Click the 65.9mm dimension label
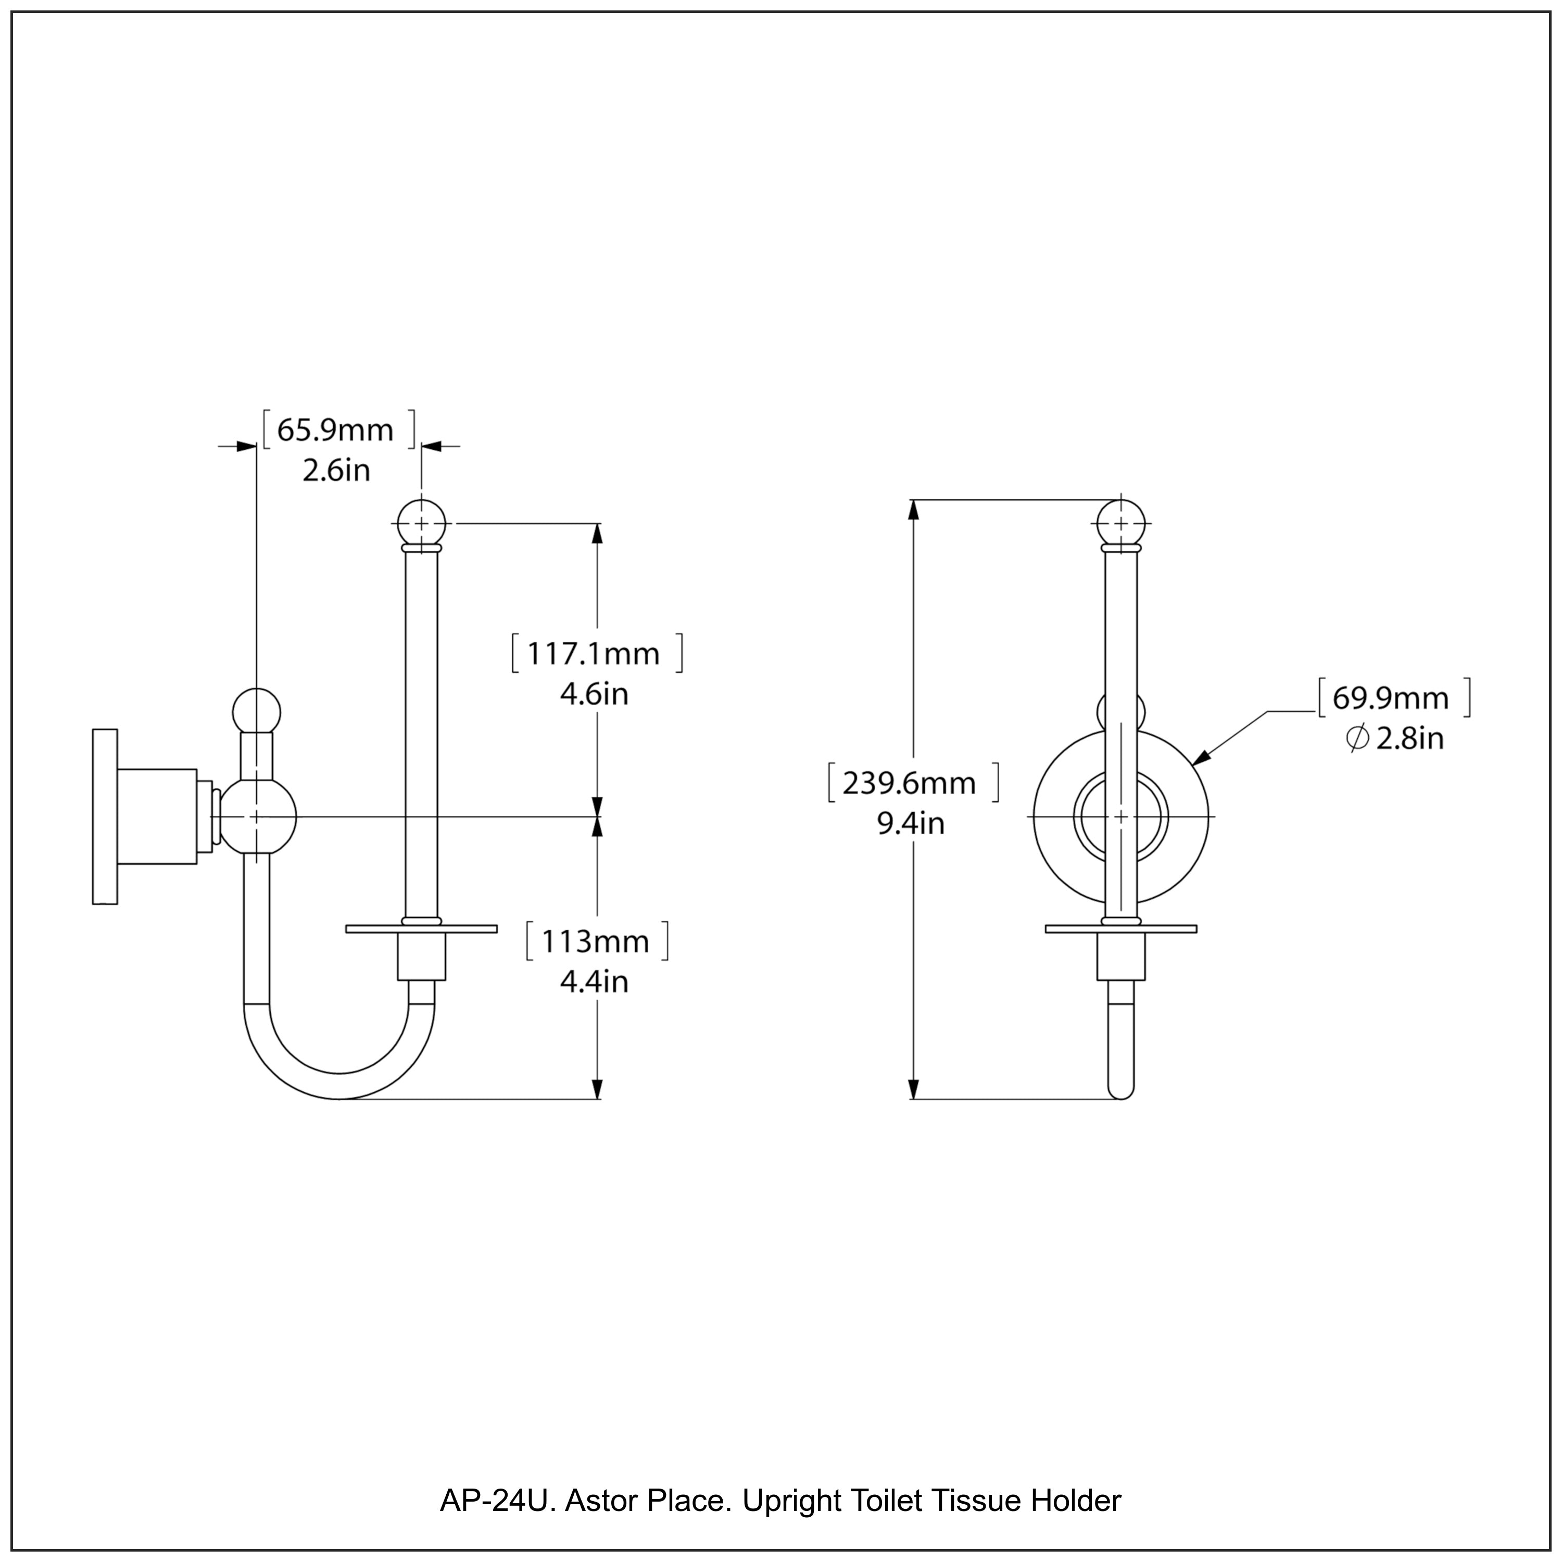[335, 430]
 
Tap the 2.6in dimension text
[336, 471]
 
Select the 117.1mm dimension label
[594, 653]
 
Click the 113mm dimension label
[595, 941]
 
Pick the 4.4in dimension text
[594, 981]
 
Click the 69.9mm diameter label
[1391, 698]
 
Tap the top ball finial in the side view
[421, 524]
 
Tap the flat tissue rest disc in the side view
[421, 929]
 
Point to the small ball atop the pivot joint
[256, 711]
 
